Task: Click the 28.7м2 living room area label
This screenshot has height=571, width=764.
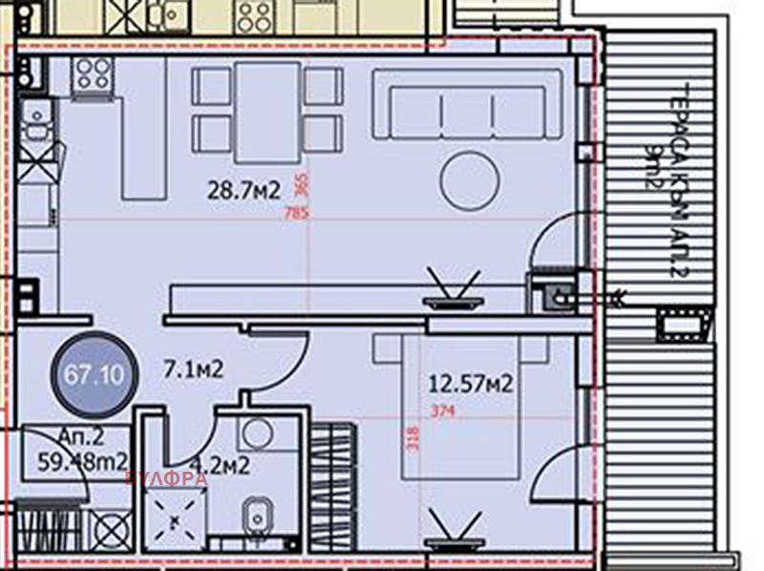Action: click(x=244, y=191)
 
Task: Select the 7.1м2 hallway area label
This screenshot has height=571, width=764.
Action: click(x=192, y=368)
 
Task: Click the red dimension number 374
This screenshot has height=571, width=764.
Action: click(x=442, y=412)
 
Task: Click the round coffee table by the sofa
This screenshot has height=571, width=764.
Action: click(x=468, y=177)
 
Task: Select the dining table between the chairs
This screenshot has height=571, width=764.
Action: click(x=267, y=112)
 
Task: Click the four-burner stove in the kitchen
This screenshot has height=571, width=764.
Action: click(x=93, y=74)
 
